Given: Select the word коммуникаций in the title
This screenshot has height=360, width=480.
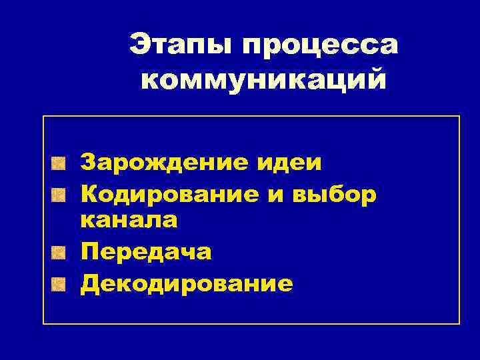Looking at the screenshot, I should [264, 79].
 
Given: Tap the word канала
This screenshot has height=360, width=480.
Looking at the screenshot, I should [129, 219].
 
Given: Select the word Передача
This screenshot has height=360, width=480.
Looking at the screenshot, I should [145, 251].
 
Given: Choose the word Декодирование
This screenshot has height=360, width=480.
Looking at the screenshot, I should [186, 284].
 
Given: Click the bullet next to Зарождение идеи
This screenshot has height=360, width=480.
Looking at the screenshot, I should [60, 162].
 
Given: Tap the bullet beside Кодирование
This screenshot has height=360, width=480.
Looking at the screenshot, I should [60, 194].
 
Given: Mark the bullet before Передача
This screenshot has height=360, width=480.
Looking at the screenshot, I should [60, 251].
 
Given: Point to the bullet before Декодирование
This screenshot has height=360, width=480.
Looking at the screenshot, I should [60, 285].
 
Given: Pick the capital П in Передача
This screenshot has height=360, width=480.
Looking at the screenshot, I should [88, 251].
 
